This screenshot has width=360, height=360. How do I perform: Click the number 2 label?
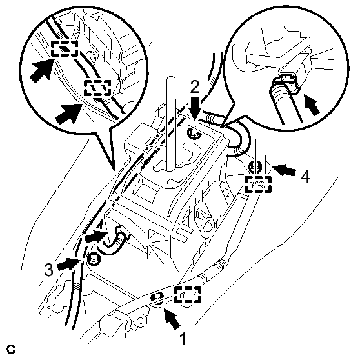195,87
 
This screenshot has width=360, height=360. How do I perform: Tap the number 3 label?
49,270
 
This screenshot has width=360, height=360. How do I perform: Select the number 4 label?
306,176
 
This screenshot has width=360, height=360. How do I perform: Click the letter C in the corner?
11,349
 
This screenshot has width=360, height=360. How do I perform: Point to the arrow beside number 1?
172,319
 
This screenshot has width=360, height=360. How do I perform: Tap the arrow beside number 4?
285,170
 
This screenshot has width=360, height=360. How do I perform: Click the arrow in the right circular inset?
312,105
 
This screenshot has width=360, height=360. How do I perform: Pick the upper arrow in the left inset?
41,70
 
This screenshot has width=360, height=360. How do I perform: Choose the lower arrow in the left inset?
69,113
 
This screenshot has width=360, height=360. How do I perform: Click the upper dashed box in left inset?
65,48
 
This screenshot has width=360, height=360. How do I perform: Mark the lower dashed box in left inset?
97,88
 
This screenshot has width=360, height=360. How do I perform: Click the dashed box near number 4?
258,184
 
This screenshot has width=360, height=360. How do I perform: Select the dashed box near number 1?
188,295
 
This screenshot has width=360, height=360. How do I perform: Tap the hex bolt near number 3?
94,259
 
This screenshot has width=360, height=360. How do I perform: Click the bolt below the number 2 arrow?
194,134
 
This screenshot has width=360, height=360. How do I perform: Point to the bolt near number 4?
255,166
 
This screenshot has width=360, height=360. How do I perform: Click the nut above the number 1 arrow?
157,298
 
